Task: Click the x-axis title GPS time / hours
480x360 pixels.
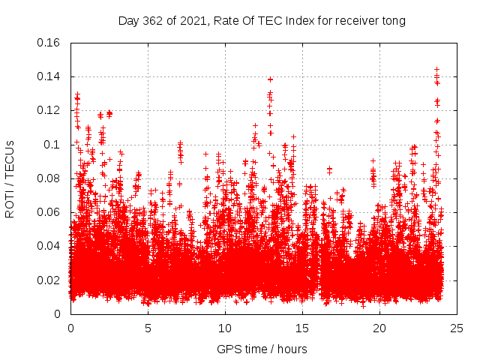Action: (262, 349)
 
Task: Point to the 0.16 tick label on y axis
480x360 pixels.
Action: (49, 43)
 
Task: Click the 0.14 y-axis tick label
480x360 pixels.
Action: (49, 76)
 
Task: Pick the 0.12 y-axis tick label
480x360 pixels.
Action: (49, 110)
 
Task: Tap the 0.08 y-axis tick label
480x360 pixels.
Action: (49, 178)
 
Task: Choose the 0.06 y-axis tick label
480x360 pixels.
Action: (49, 212)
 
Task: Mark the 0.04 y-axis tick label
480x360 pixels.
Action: (49, 246)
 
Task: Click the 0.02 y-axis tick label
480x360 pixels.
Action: (49, 280)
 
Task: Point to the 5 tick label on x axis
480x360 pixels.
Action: (148, 328)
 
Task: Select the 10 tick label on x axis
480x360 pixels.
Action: (225, 328)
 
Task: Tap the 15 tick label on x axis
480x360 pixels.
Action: (302, 328)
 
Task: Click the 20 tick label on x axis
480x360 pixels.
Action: (380, 328)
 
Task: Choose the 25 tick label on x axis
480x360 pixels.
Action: (457, 328)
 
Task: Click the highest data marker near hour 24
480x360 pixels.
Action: (436, 70)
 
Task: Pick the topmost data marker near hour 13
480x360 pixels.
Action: (270, 79)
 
